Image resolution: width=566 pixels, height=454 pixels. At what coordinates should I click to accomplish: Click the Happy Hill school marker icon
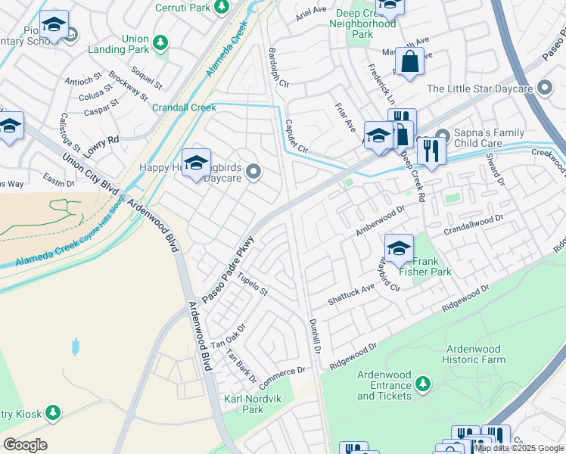pos(196,163)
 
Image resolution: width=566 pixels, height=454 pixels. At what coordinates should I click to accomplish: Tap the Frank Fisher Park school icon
pos(399,247)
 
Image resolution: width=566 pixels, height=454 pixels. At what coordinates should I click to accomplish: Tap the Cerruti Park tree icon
pos(221,7)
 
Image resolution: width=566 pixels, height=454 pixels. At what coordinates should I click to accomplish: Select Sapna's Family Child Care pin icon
pos(443,136)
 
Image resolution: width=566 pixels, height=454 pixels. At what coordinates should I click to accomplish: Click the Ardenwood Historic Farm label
pos(475,354)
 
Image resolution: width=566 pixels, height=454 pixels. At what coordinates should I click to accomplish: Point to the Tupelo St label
pos(252,286)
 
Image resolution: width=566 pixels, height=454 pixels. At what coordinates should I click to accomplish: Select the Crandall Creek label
pos(184,107)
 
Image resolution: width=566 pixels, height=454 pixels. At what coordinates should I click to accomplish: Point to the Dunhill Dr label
pos(316,336)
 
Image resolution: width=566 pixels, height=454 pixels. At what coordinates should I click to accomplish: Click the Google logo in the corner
pos(25,445)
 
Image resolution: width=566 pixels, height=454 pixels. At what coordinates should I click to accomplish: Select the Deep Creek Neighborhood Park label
pos(362,23)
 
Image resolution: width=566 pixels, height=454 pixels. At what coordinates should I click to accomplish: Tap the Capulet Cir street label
pos(296,136)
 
